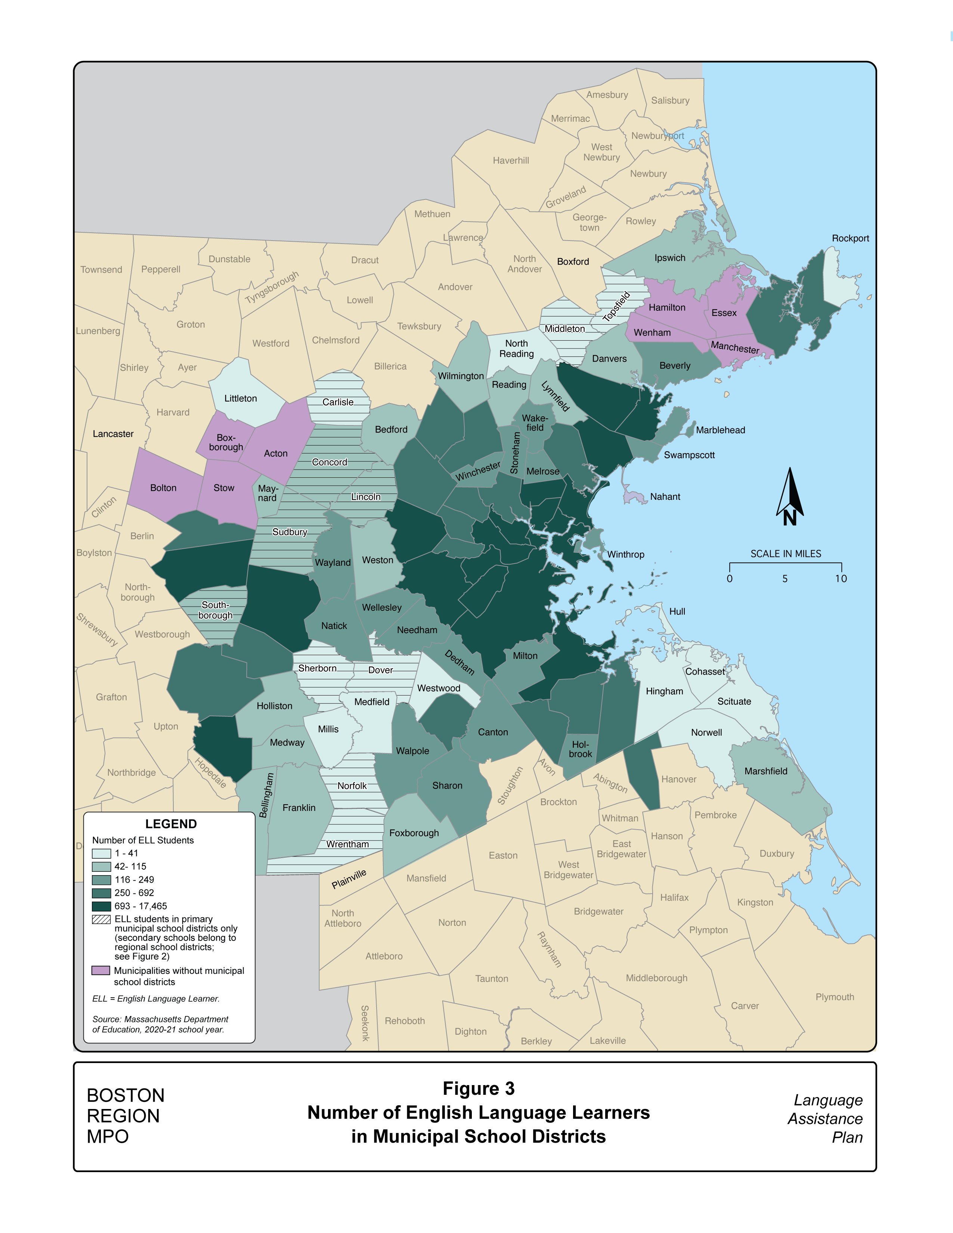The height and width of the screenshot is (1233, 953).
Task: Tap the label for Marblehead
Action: [x=720, y=430]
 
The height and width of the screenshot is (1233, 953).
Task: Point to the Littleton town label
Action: [x=241, y=399]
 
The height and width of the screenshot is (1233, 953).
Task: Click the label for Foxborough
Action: [x=414, y=833]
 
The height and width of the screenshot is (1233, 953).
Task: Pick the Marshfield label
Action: [x=765, y=771]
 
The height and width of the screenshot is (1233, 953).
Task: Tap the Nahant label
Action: [x=665, y=497]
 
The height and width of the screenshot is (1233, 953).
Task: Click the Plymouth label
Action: [x=835, y=997]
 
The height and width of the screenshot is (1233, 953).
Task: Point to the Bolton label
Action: [x=163, y=488]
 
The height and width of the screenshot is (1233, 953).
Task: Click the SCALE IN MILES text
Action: [x=785, y=554]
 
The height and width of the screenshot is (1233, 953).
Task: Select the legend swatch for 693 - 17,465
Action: [x=102, y=906]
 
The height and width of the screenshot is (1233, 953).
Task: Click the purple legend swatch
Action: [x=101, y=970]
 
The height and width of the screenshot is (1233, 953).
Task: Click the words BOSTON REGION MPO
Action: [x=125, y=1116]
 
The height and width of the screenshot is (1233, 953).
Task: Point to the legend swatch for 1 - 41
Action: [x=102, y=854]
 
